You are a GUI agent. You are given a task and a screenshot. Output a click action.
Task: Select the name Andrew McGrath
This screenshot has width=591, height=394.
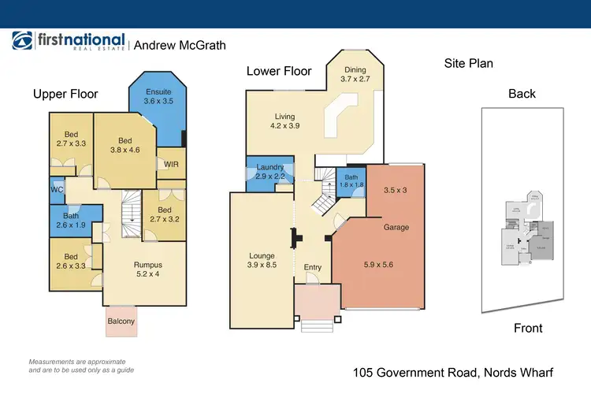pyautogui.click(x=180, y=46)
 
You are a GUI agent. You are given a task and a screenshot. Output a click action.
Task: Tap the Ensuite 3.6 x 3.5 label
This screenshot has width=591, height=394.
pyautogui.click(x=158, y=95)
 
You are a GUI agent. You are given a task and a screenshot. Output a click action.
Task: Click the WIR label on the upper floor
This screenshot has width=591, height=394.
pyautogui.click(x=169, y=164)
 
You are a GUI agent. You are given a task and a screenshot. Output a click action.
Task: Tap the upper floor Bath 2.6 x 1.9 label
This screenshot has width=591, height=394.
pyautogui.click(x=71, y=221)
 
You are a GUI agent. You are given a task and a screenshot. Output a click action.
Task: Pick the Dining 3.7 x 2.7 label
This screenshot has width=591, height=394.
pyautogui.click(x=355, y=75)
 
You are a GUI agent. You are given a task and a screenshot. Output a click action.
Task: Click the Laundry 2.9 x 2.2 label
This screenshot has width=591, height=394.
pyautogui.click(x=269, y=171)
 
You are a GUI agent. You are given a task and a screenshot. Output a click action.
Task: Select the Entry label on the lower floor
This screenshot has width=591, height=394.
pyautogui.click(x=313, y=267)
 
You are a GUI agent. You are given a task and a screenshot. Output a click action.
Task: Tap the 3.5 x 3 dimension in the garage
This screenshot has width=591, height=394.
pyautogui.click(x=396, y=190)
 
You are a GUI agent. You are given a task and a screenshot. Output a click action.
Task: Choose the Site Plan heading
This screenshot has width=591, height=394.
pyautogui.click(x=469, y=63)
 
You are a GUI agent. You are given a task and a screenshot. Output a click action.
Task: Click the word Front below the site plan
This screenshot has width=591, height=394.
pyautogui.click(x=527, y=328)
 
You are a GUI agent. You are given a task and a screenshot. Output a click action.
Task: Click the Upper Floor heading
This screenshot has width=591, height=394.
pyautogui.click(x=65, y=94)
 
